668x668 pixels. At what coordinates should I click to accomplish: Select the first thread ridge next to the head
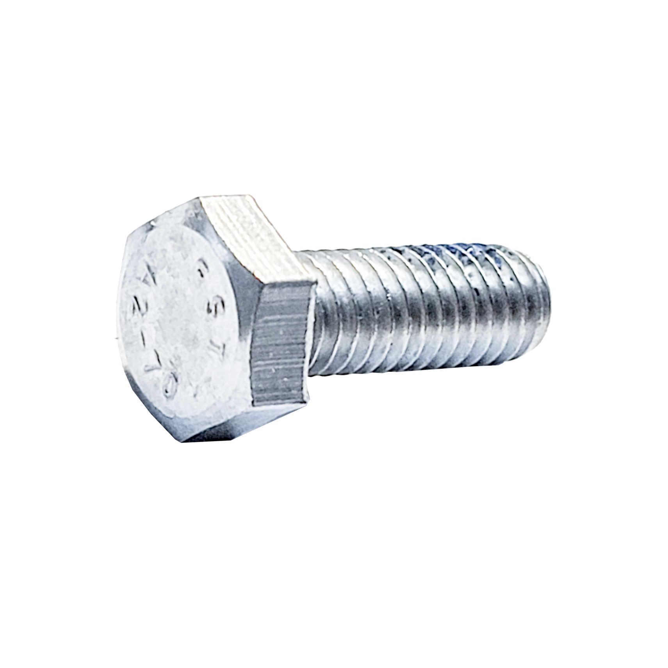(x=324, y=312)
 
